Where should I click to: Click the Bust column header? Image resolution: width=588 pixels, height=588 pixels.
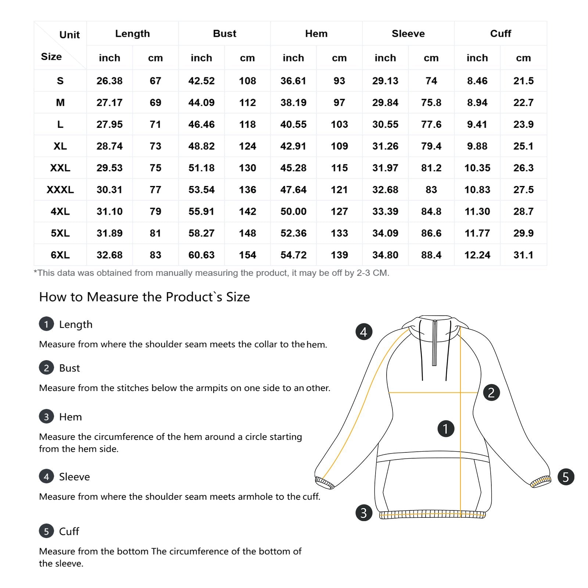[225, 33]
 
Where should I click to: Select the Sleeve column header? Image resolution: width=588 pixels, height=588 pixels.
[408, 33]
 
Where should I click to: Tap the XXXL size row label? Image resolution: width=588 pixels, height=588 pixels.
[60, 190]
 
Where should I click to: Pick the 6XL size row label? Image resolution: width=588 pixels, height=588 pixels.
[60, 255]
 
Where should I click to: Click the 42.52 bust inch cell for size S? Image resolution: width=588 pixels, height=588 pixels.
[201, 81]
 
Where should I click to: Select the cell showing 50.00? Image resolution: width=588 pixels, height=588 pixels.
[293, 211]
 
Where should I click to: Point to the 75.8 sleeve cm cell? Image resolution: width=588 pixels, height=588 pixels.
[431, 103]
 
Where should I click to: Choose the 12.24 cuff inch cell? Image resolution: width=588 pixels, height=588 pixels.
[477, 255]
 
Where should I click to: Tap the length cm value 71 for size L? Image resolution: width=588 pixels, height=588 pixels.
[155, 124]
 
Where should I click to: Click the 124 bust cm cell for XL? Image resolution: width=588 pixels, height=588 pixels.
[247, 146]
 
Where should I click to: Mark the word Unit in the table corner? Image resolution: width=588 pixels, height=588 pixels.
[69, 35]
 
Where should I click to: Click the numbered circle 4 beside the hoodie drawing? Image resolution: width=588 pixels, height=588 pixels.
[364, 332]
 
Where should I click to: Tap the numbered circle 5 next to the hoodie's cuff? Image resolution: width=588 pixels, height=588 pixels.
[566, 477]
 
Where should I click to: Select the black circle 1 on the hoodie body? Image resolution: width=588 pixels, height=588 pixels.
[446, 429]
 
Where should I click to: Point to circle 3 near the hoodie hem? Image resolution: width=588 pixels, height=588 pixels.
[364, 513]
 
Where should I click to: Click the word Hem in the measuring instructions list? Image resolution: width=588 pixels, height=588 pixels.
[71, 417]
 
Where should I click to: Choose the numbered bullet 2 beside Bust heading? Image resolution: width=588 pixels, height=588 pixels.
[46, 368]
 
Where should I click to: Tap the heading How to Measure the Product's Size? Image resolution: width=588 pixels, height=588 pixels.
[144, 297]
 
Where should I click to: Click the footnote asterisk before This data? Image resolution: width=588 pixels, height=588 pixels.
[36, 272]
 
